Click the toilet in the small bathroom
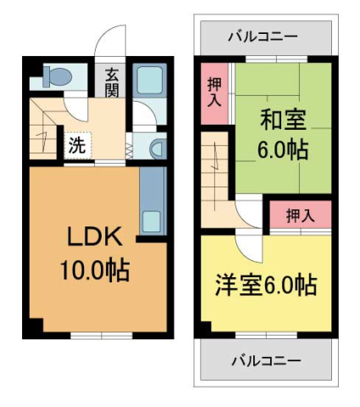tap(56, 76)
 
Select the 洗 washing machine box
tap(77, 144)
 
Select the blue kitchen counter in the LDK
tap(152, 202)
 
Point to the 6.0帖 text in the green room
tap(282, 151)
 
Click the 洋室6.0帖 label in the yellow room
tap(266, 285)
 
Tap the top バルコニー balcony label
tap(263, 36)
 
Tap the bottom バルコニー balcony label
tap(265, 360)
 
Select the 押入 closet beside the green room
tap(214, 92)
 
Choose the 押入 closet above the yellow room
tap(299, 215)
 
